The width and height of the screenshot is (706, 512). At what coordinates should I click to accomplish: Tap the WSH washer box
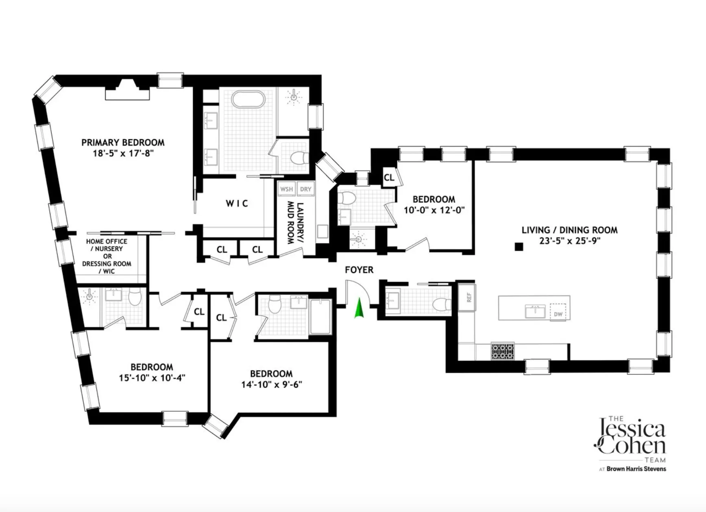point(286,189)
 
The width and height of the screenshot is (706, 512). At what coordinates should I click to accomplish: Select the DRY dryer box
point(305,189)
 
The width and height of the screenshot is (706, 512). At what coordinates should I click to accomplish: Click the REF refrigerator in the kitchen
point(468,297)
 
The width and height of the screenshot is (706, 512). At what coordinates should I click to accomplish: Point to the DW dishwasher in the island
point(558,313)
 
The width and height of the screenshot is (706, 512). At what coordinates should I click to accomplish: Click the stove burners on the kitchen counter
point(503,351)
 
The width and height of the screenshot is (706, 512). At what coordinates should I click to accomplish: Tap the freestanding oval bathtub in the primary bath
point(248,99)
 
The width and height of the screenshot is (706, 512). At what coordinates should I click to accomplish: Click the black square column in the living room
point(519,247)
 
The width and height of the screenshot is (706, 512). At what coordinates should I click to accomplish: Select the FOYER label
point(359,270)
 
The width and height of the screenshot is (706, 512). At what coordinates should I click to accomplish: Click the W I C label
point(237,203)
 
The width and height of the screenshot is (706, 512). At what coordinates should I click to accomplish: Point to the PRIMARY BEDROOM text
point(123,143)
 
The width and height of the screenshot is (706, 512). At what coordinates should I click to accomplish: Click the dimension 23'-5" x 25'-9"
point(569,241)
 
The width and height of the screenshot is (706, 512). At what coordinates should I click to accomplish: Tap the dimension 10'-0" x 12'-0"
point(434,210)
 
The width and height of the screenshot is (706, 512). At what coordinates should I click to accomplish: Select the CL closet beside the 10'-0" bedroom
point(389,178)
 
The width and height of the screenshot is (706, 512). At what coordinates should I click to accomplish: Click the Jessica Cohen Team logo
point(631,440)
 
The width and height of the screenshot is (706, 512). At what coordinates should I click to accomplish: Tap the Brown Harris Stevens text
point(636,469)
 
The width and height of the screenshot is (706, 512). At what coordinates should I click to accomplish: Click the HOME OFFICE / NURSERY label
point(107,245)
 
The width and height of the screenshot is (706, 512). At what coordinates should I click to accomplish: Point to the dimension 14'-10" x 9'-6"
point(271,384)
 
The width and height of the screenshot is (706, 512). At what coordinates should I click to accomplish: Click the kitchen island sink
point(535,311)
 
